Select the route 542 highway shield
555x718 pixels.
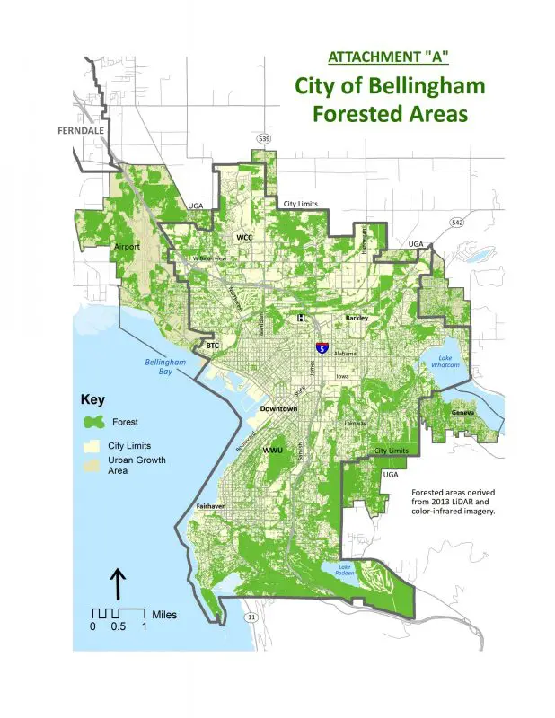(458, 221)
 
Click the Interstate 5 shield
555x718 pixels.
(321, 346)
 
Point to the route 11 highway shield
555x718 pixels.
(251, 617)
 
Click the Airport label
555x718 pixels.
(128, 245)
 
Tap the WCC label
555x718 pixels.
(244, 238)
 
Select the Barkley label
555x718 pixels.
(358, 318)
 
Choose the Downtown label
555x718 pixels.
(278, 408)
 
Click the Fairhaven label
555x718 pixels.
(214, 508)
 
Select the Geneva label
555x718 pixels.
(462, 412)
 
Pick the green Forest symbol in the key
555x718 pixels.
(92, 420)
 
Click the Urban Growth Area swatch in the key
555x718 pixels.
(92, 465)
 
